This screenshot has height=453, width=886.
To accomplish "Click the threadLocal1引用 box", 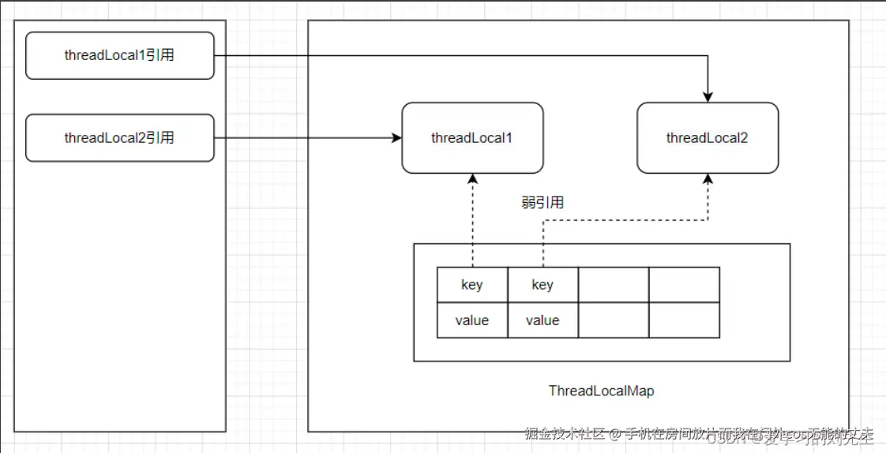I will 119,55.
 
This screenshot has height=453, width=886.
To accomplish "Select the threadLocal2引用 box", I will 119,138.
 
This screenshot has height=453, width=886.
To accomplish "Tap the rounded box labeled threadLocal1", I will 472,138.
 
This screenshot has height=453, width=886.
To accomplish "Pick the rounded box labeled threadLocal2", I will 708,138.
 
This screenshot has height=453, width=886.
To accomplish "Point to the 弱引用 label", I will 542,203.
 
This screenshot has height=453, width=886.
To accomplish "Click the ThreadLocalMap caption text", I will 601,391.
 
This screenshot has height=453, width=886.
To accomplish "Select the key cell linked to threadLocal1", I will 472,285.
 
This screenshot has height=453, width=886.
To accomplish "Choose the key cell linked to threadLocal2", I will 542,285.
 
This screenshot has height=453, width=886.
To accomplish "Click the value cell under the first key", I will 472,320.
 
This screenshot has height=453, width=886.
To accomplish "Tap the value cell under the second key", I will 542,320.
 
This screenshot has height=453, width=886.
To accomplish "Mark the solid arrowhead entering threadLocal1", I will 396,138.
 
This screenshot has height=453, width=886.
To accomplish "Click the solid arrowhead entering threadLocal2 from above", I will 708,97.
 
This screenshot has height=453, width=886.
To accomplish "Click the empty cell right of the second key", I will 614,285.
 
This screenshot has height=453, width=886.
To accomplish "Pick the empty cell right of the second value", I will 614,320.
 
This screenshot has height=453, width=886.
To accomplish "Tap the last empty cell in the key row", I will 684,285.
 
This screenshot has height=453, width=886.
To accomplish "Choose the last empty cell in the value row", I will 684,320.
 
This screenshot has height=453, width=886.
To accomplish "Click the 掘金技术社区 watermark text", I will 565,434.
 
